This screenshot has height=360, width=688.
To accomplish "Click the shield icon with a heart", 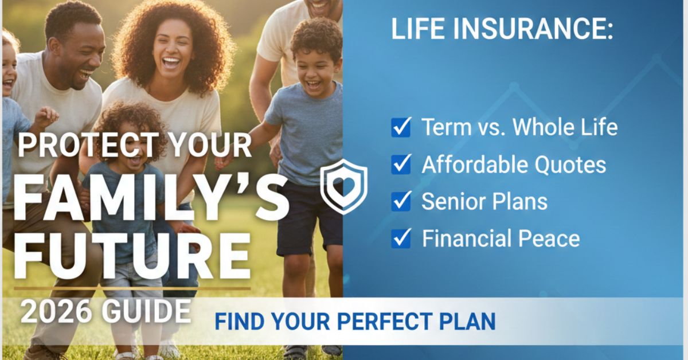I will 343,187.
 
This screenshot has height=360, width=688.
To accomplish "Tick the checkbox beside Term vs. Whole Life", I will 401,127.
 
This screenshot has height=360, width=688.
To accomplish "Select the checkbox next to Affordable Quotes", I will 401,165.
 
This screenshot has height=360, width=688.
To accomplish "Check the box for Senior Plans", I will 401,201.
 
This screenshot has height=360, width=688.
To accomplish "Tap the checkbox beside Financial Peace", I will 401,238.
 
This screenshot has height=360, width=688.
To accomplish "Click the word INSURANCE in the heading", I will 527,30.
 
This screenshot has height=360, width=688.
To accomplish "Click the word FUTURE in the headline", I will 132,256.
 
